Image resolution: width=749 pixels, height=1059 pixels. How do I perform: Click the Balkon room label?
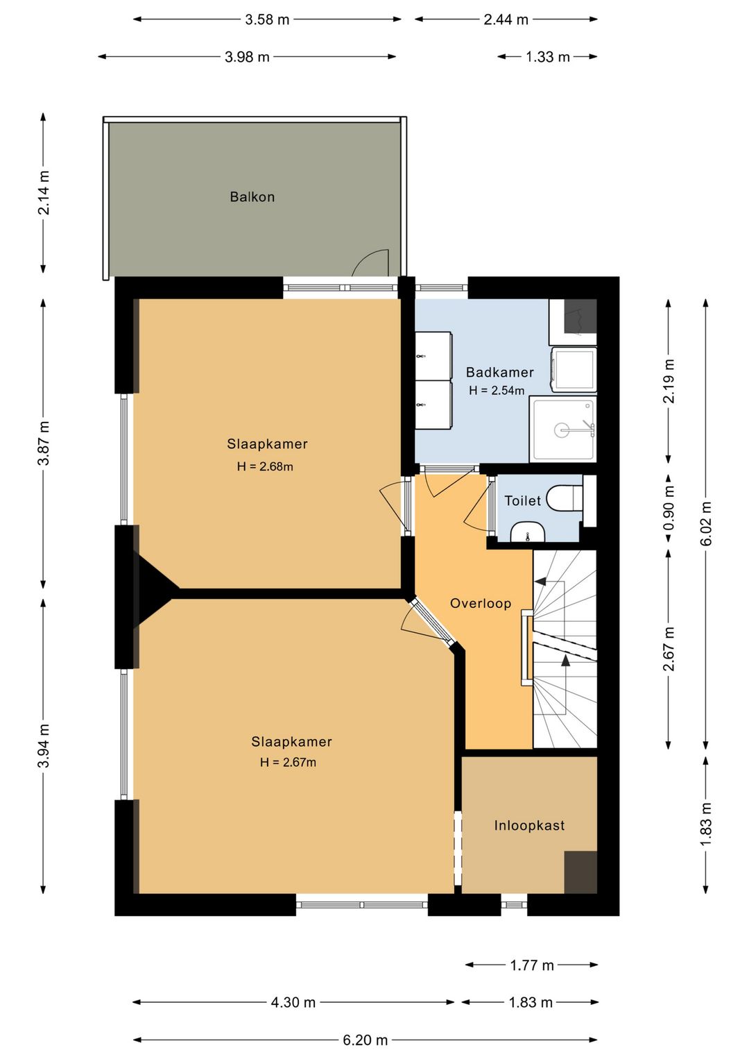[252, 196]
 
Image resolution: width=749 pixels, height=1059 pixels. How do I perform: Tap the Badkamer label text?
[499, 372]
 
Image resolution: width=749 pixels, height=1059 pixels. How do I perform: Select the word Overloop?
[480, 603]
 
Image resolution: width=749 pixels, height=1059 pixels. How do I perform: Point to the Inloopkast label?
[529, 825]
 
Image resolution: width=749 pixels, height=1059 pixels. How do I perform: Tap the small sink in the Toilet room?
[528, 532]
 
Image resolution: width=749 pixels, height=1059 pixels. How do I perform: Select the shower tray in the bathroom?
[563, 430]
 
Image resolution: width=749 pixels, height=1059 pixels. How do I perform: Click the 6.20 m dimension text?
[365, 1040]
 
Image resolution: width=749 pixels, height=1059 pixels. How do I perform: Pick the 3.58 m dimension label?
[266, 20]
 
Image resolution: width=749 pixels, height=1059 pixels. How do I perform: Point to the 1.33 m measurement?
[548, 57]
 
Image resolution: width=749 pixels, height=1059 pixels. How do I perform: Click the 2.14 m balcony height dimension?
[44, 193]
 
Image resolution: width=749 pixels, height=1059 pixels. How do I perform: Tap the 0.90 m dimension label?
[669, 508]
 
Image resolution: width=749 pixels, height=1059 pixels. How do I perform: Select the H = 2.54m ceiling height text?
[497, 391]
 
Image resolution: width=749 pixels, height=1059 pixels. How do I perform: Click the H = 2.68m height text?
[265, 466]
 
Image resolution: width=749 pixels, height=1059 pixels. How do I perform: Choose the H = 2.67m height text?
[288, 762]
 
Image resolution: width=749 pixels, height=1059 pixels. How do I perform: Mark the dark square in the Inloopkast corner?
[580, 872]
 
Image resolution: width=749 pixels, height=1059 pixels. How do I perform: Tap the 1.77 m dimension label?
[532, 965]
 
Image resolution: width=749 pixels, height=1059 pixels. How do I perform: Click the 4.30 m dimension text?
[293, 1002]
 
